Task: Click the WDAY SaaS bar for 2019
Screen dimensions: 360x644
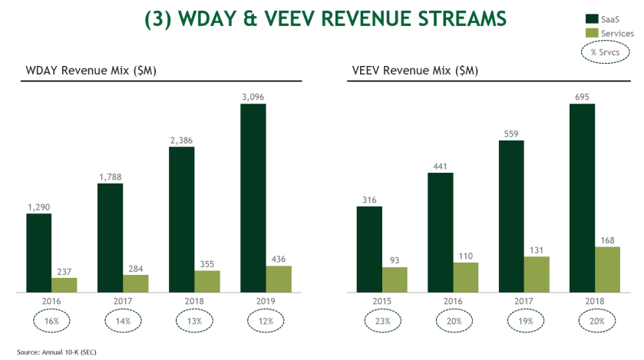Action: (x=253, y=198)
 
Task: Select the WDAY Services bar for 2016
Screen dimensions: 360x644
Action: (x=64, y=285)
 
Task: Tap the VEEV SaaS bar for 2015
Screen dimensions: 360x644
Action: (x=369, y=249)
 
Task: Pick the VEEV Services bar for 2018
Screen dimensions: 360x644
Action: (x=607, y=269)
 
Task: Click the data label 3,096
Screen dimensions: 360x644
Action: (x=253, y=96)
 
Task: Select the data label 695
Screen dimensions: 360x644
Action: (x=582, y=96)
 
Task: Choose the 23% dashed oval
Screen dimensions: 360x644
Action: (x=382, y=321)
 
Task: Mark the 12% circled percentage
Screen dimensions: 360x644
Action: (x=266, y=321)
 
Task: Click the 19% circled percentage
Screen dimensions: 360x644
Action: (x=524, y=321)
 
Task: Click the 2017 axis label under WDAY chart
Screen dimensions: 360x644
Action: (x=123, y=302)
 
